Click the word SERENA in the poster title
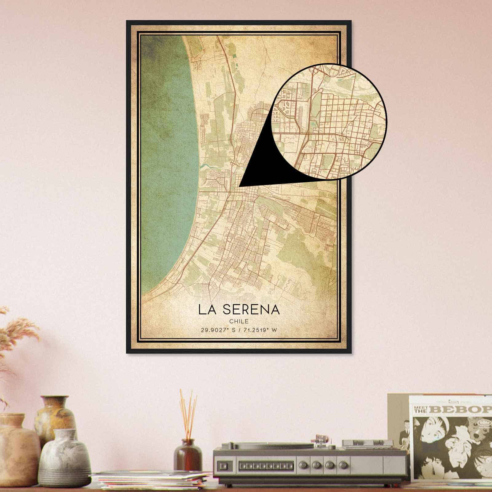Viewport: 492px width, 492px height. [x=252, y=310]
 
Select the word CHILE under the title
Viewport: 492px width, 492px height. [x=239, y=321]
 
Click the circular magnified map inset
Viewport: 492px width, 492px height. [x=329, y=121]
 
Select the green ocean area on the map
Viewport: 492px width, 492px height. [x=166, y=154]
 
